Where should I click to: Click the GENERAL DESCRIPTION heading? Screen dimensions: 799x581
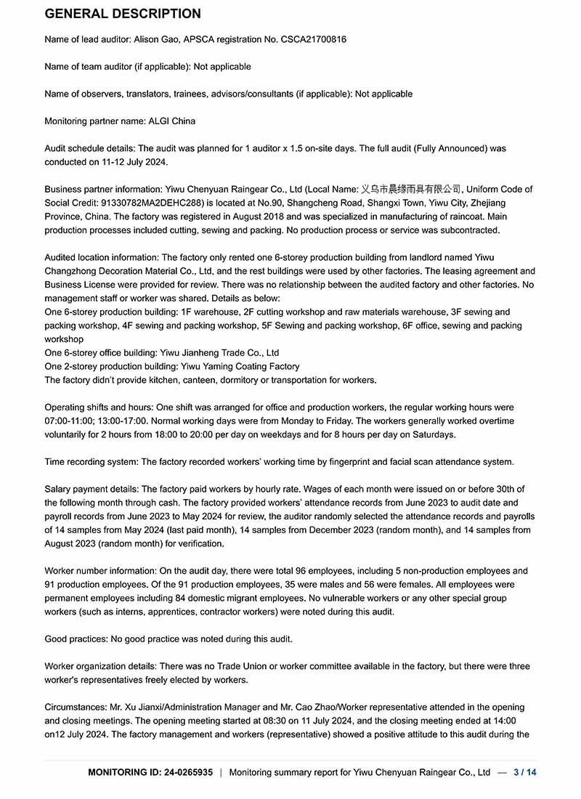tap(123, 14)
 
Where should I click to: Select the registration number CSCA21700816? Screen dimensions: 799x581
tap(312, 39)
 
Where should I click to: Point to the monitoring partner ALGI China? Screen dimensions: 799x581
tap(171, 121)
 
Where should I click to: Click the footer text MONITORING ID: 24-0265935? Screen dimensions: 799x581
tap(150, 772)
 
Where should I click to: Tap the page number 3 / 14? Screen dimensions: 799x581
tap(524, 772)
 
